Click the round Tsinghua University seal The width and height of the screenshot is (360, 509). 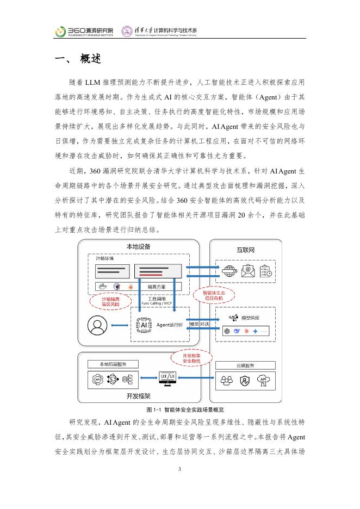(126, 32)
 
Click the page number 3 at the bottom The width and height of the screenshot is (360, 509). (179, 469)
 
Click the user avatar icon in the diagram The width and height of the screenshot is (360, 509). (98, 326)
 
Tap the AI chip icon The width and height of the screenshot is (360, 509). (144, 325)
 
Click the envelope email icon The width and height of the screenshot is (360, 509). (248, 270)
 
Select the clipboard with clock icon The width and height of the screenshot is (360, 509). (267, 270)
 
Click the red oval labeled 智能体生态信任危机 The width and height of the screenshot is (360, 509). (211, 295)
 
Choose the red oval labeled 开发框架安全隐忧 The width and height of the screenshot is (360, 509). (187, 358)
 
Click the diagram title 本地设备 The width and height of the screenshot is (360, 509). (138, 246)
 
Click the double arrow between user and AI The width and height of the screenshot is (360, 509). (121, 325)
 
